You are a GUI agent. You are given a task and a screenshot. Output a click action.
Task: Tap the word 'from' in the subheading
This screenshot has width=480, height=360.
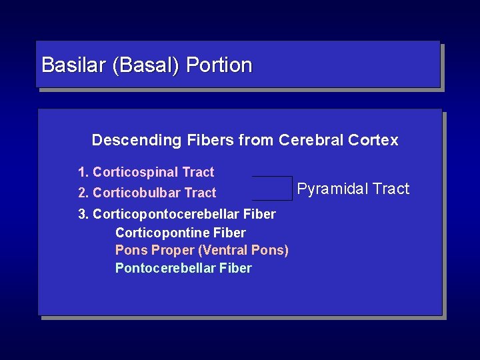pyautogui.click(x=256, y=140)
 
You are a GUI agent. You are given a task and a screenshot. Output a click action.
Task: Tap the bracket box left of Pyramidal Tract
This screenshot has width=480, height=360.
pyautogui.click(x=272, y=188)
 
